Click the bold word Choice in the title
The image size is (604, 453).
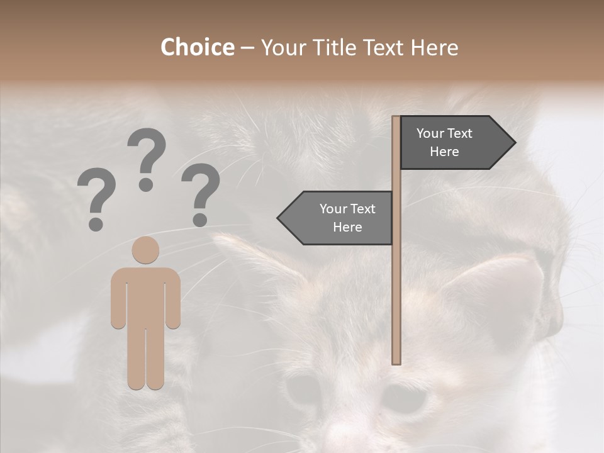pyautogui.click(x=197, y=48)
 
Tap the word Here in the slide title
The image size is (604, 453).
pyautogui.click(x=434, y=48)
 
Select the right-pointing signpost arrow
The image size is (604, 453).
pyautogui.click(x=453, y=143)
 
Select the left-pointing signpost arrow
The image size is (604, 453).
pyautogui.click(x=340, y=218)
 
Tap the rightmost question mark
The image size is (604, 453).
pyautogui.click(x=201, y=194)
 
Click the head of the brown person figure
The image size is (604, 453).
pyautogui.click(x=145, y=250)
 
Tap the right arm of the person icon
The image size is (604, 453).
pyautogui.click(x=173, y=302)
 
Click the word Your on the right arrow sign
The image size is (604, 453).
pyautogui.click(x=430, y=133)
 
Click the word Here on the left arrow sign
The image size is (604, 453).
pyautogui.click(x=347, y=227)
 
